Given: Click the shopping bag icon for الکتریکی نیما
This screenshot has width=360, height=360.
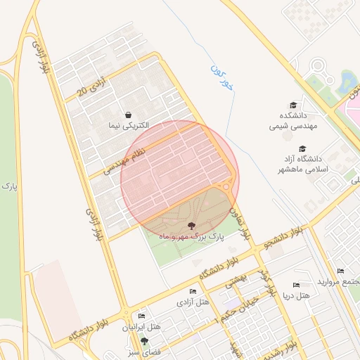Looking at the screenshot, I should coord(128,114).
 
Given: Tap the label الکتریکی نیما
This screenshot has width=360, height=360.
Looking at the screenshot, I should coord(128,126).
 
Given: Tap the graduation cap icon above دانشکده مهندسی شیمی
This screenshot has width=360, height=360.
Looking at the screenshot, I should coord(293,104).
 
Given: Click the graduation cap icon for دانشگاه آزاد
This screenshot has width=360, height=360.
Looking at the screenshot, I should coord(302,149).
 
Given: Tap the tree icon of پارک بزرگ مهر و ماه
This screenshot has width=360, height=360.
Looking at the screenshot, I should coord(191,226).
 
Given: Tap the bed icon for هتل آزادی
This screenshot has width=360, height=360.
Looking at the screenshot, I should coord(193,291).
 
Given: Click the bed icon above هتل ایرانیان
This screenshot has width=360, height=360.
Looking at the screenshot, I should coord(142,316).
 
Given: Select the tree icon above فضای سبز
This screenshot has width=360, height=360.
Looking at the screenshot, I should coord(144,340).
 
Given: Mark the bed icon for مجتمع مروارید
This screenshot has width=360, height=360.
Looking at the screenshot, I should coord(340,271).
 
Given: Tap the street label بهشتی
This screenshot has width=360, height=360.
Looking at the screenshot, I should coord(237,282).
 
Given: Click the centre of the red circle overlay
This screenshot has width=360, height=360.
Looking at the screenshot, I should coord(179,178).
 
